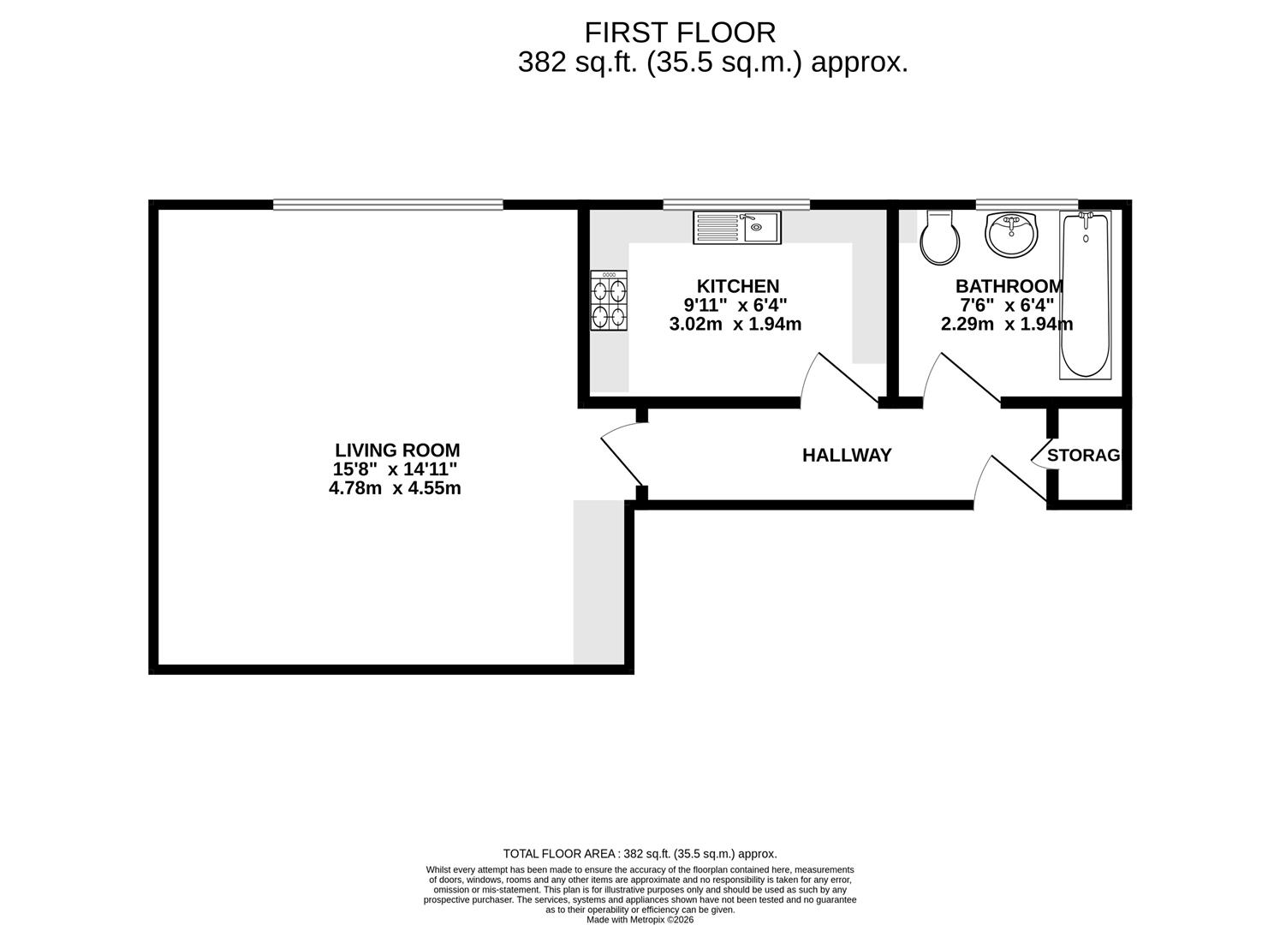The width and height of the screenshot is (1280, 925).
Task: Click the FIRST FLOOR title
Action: pyautogui.click(x=680, y=33)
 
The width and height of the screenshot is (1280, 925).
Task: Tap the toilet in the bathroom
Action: pyautogui.click(x=939, y=237)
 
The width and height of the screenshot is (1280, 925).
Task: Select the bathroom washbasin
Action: pyautogui.click(x=1011, y=235)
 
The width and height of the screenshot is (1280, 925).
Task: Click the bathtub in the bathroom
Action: pyautogui.click(x=1085, y=295)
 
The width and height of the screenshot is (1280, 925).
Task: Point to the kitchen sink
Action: pyautogui.click(x=736, y=228)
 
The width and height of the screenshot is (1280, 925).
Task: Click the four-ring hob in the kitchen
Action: pyautogui.click(x=609, y=301)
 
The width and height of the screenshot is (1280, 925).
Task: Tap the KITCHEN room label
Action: pyautogui.click(x=738, y=286)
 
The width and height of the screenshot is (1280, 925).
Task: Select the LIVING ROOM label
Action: pyautogui.click(x=397, y=450)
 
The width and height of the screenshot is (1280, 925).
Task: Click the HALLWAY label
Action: pyautogui.click(x=847, y=455)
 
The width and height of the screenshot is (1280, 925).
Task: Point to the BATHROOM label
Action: pyautogui.click(x=1009, y=286)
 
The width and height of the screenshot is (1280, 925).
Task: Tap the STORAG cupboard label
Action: pyautogui.click(x=1083, y=456)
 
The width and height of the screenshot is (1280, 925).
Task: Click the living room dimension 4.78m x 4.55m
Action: pyautogui.click(x=395, y=488)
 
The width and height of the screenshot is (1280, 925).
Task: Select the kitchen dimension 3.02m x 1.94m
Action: pyautogui.click(x=735, y=324)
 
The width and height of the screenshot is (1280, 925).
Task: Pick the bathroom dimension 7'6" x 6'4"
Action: pyautogui.click(x=1007, y=305)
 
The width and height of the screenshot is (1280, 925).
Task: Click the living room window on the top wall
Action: pyautogui.click(x=388, y=205)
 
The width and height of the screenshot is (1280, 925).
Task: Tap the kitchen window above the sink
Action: pyautogui.click(x=736, y=205)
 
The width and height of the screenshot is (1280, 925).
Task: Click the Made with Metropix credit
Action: pyautogui.click(x=640, y=920)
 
